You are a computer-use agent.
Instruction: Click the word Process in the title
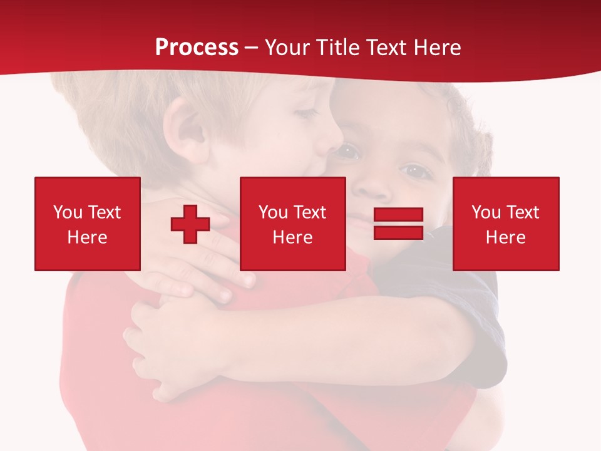197,48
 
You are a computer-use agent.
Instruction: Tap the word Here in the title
436,48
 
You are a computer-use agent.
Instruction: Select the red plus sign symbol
190,224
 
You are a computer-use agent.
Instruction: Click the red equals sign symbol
398,224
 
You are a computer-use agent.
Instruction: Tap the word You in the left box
68,212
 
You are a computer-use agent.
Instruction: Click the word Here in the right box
505,237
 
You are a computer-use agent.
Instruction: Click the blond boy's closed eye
306,113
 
